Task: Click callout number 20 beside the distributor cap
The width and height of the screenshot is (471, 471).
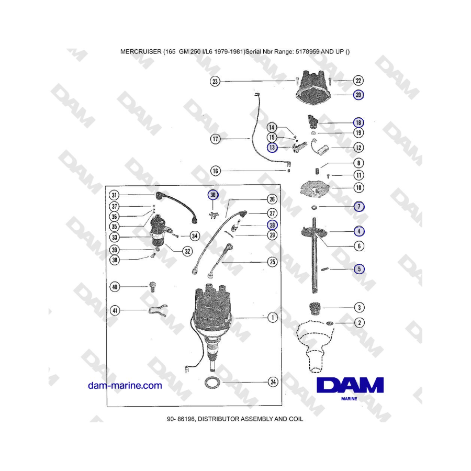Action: pos(358,95)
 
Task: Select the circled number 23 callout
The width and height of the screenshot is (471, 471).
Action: pos(215,81)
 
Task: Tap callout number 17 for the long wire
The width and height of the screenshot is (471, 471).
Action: pos(215,139)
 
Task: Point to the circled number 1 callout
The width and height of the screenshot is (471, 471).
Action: pos(272,317)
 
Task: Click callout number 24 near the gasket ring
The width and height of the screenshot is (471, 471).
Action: pos(273,382)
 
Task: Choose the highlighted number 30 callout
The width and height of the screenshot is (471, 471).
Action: pos(212,195)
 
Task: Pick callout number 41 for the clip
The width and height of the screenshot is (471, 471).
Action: pos(115,310)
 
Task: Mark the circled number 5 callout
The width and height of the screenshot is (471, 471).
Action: pos(358,270)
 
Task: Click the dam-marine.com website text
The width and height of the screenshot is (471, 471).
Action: pos(125,386)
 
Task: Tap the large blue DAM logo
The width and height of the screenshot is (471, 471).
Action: pos(350,386)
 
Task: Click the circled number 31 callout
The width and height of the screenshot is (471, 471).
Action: pos(115,195)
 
